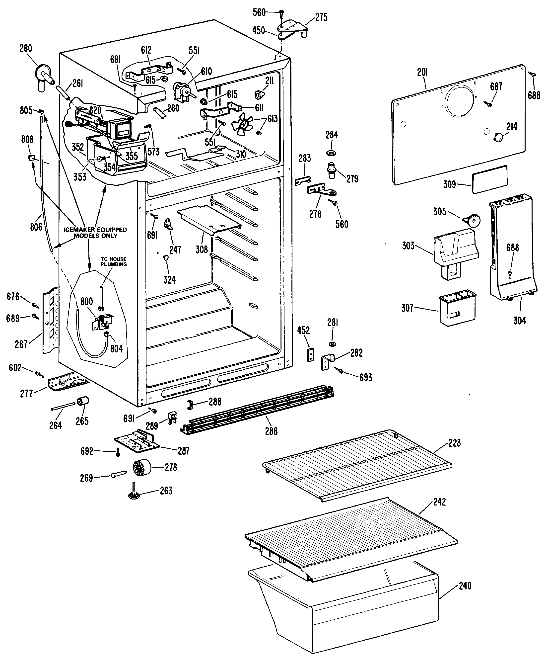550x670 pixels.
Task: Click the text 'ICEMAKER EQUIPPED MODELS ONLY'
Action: (95, 233)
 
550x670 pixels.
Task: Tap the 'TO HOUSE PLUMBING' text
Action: (113, 261)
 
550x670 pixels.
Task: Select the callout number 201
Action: (422, 73)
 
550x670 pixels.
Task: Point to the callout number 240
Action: (465, 586)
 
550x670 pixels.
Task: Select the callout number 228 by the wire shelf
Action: (454, 443)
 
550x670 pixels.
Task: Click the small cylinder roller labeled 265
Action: (83, 401)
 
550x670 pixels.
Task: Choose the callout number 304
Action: (519, 321)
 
